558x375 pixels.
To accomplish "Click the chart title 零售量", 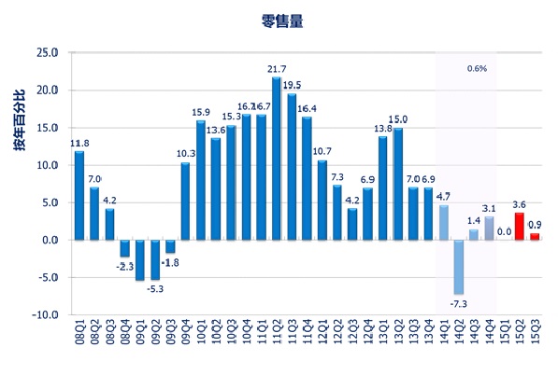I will tap(281, 19).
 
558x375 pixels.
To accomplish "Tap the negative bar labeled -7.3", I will tap(459, 267).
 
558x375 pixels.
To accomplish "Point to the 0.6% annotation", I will tap(477, 69).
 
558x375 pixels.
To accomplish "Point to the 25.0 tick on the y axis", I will tap(45, 53).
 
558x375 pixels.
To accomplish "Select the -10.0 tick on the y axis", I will tap(45, 315).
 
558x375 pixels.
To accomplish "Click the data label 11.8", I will tap(79, 143).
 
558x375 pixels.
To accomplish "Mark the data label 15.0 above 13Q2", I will tap(398, 119).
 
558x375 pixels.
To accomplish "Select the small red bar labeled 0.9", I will tap(535, 236).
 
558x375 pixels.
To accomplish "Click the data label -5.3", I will tap(155, 288).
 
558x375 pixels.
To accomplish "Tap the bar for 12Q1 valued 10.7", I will tap(322, 200).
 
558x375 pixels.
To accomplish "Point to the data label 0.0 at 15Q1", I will tap(504, 231).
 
